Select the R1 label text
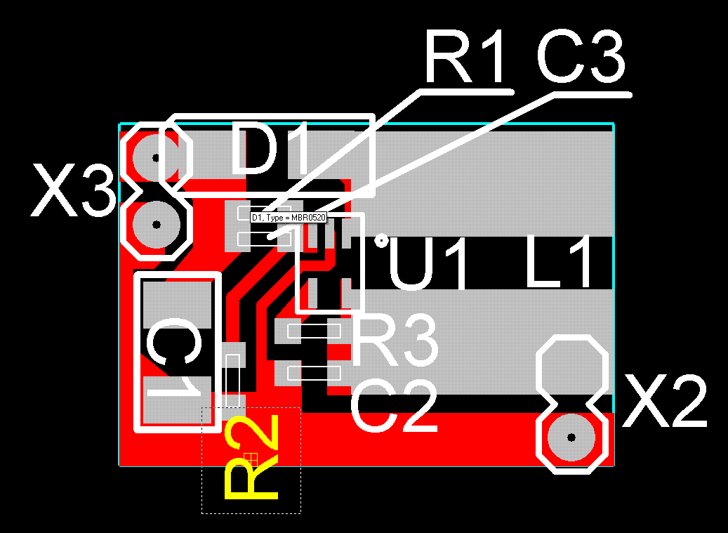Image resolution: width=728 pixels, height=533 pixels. point(464,56)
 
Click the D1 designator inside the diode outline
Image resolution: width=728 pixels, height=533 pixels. point(270,150)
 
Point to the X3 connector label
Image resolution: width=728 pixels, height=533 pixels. point(73,192)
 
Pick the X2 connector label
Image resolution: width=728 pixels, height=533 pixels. point(666,402)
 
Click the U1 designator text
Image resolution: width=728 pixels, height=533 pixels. point(428,265)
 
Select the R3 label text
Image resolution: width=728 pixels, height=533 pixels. point(395,342)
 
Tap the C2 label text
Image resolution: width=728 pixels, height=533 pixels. point(394,405)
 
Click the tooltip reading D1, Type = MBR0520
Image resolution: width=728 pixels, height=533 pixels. point(289,218)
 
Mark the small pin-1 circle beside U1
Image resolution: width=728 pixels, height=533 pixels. point(381,241)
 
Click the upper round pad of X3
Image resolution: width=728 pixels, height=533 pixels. point(156,158)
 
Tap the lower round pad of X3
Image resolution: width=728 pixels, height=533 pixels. point(157,225)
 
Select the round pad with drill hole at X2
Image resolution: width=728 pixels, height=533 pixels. point(571,437)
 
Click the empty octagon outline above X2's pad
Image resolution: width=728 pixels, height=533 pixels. point(571,369)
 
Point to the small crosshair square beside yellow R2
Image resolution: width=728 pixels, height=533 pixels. point(251,459)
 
